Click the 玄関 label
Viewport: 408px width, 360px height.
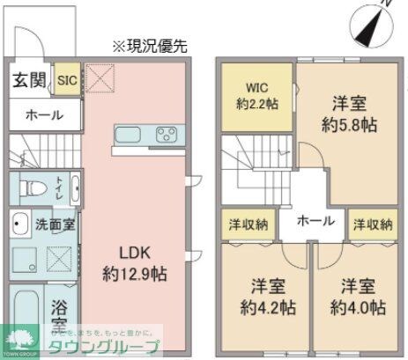[x=29, y=81]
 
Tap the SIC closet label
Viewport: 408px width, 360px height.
[x=67, y=81]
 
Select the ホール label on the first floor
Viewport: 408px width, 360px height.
[x=43, y=115]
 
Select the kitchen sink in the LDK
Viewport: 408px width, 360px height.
[x=129, y=136]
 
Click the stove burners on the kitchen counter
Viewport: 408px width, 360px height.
[x=166, y=136]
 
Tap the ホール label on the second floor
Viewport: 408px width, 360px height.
[x=308, y=221]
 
